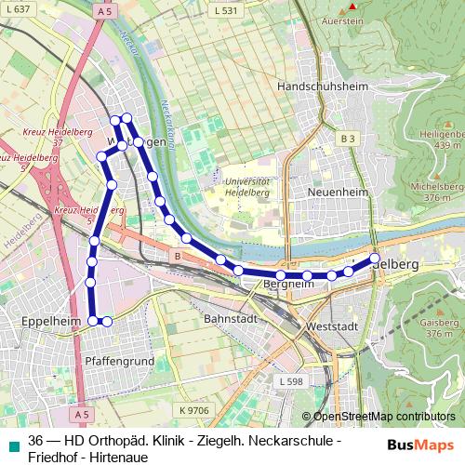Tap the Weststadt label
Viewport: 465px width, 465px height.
[332, 327]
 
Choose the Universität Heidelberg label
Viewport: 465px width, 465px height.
[248, 186]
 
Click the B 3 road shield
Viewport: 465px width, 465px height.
[348, 139]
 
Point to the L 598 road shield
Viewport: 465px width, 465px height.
[290, 381]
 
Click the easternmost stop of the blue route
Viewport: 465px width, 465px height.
[375, 258]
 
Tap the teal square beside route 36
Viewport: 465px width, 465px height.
[14, 445]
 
